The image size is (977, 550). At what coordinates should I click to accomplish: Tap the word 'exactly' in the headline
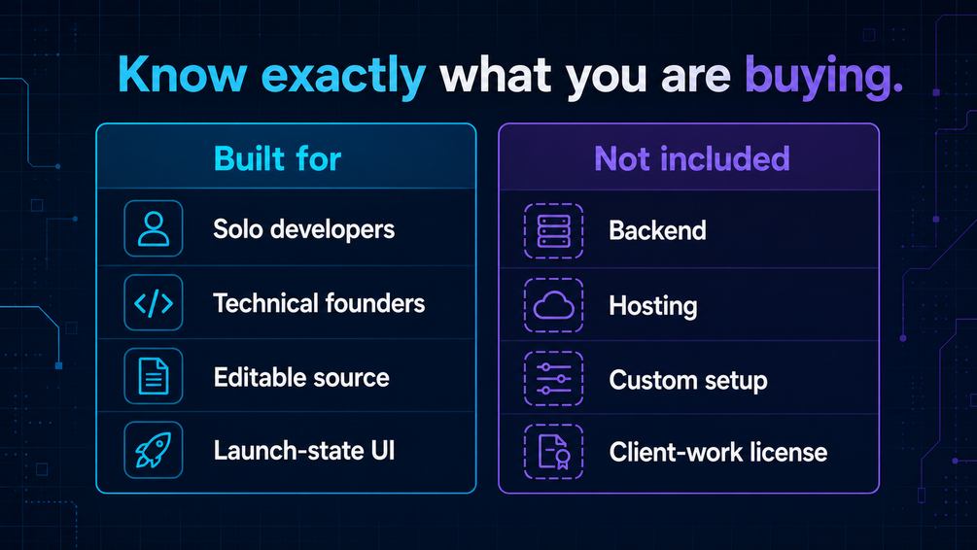(343, 77)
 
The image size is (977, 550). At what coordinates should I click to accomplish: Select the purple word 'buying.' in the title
(823, 77)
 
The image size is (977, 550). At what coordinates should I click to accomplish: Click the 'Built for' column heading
(277, 158)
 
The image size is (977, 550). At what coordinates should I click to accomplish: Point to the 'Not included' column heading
(691, 158)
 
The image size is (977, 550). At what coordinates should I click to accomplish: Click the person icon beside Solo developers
(154, 228)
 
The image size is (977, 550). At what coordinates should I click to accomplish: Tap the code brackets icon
(154, 303)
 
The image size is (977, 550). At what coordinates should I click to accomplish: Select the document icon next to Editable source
(154, 376)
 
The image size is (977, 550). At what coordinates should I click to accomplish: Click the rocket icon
(154, 450)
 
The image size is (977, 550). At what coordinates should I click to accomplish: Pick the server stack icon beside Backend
(553, 230)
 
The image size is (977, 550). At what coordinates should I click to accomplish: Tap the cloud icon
(553, 305)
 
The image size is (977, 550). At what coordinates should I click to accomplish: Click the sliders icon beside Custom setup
(553, 379)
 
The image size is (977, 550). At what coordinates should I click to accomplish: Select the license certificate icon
(553, 452)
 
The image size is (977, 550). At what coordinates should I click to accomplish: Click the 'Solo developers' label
(303, 229)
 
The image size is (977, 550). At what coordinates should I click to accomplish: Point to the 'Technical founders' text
(319, 303)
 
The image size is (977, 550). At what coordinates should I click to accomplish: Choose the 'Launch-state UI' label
(304, 450)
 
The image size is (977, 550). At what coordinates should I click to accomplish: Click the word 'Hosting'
(653, 306)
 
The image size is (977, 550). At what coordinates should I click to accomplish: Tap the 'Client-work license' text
(717, 452)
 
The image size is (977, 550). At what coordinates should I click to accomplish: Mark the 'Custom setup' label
(688, 380)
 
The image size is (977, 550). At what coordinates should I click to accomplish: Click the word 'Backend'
(657, 230)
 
